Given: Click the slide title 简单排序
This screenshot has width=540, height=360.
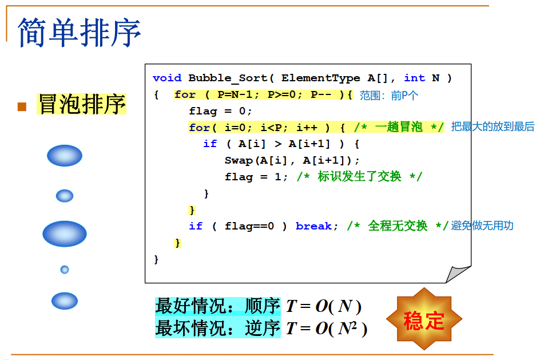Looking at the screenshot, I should pyautogui.click(x=80, y=31).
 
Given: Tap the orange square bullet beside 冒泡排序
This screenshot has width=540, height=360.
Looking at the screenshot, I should pyautogui.click(x=22, y=106).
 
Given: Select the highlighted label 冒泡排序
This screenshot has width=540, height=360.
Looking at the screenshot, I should pyautogui.click(x=81, y=105).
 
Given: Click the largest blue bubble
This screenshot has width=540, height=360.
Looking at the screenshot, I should pyautogui.click(x=65, y=234).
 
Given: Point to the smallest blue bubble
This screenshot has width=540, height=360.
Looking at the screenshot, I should pyautogui.click(x=65, y=270).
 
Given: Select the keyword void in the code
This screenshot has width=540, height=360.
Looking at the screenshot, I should pyautogui.click(x=167, y=78).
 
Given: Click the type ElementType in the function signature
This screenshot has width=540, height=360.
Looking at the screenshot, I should pyautogui.click(x=320, y=78).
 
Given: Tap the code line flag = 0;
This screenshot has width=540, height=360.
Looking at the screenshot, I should pyautogui.click(x=220, y=111).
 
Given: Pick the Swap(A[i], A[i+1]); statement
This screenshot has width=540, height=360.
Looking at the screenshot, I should pyautogui.click(x=292, y=160).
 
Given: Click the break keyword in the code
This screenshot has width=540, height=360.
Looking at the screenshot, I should pyautogui.click(x=313, y=226).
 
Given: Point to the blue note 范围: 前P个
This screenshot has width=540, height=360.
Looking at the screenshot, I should pyautogui.click(x=389, y=96).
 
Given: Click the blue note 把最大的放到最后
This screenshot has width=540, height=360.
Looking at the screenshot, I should pyautogui.click(x=493, y=126).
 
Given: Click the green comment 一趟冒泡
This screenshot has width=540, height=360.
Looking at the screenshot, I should pyautogui.click(x=398, y=127).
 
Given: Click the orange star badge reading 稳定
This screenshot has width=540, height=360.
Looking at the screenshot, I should pyautogui.click(x=424, y=319).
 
